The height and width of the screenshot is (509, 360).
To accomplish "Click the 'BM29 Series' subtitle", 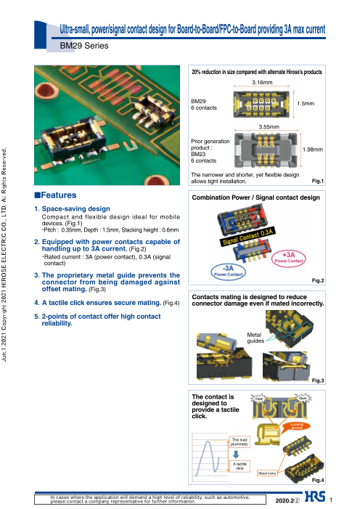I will click(83, 45).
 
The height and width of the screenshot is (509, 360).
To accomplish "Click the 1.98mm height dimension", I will click(312, 150).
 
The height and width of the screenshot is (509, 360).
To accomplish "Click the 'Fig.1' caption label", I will click(316, 181).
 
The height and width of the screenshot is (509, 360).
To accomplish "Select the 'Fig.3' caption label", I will click(316, 380).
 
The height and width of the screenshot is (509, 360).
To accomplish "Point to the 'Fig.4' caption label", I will click(316, 481).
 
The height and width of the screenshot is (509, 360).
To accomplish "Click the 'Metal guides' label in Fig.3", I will click(255, 336).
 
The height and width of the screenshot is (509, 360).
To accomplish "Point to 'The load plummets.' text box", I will click(240, 441).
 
